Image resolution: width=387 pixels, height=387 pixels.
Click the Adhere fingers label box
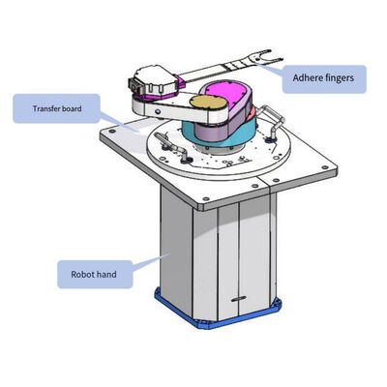pos(324,79)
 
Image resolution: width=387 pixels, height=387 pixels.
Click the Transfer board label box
pos(57,108)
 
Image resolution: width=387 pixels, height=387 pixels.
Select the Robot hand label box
pos(95,275)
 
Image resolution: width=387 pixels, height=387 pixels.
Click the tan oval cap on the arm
pos(208,103)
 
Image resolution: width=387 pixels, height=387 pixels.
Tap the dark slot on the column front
pos(239,299)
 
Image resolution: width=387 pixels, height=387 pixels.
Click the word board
pos(72,108)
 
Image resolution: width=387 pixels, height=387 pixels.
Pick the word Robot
pos(81,275)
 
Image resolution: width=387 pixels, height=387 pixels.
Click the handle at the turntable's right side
pos(273,121)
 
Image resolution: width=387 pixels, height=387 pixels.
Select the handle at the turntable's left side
pos(170,146)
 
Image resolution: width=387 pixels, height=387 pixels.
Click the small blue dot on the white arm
pos(158,111)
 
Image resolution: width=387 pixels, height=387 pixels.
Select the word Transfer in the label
pos(46,108)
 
